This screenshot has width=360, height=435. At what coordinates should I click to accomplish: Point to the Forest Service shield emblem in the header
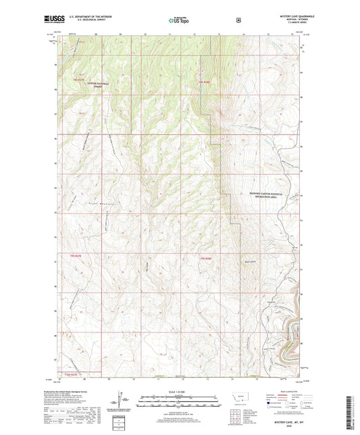coord(238,20)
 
